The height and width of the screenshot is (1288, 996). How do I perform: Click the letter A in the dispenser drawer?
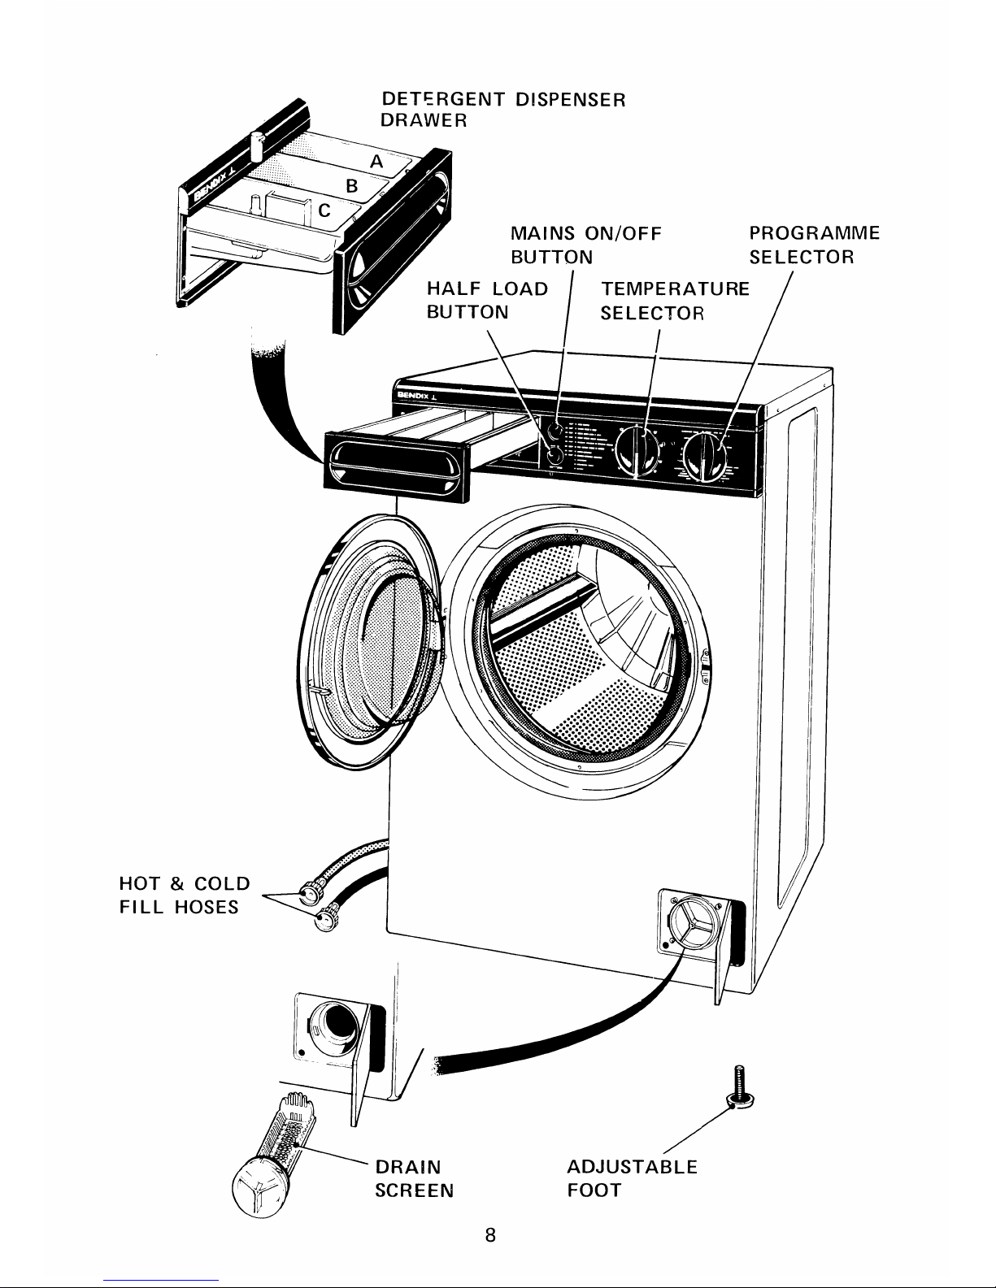coord(376,162)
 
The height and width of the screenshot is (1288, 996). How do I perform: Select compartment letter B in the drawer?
coord(351,185)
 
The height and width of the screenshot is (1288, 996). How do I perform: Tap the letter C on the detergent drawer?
coord(324,211)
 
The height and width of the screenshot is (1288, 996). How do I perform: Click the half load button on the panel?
coord(554,457)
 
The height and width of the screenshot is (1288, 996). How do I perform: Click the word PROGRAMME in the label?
coord(814,234)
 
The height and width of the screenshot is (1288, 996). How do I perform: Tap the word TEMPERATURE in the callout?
coord(674,288)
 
